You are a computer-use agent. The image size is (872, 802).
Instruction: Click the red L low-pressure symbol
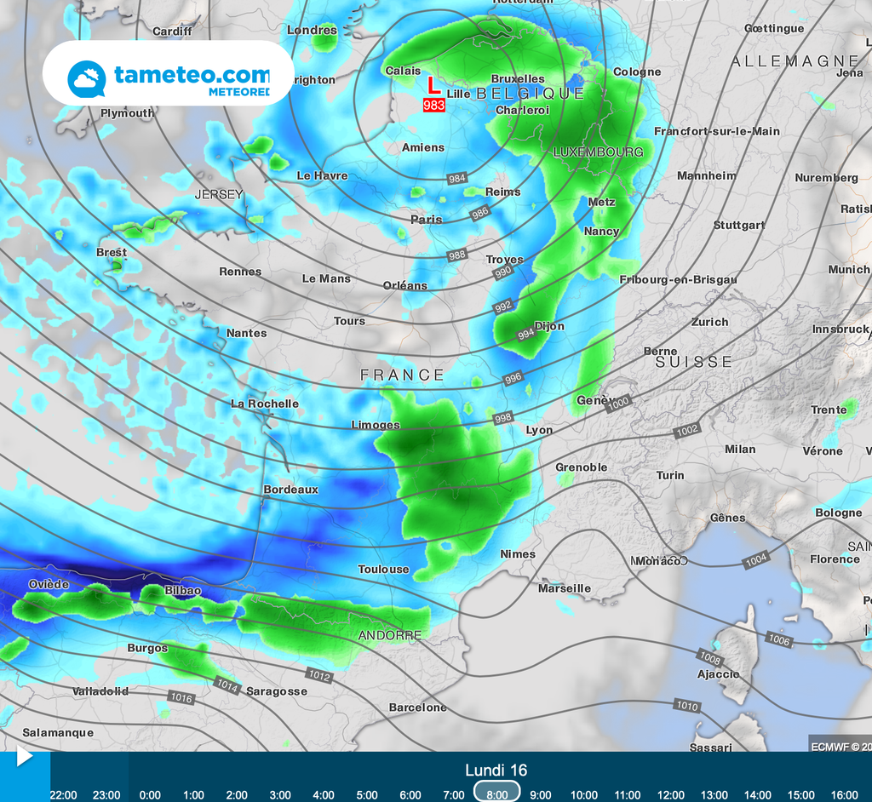pyautogui.click(x=433, y=85)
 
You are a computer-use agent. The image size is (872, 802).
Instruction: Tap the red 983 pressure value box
pyautogui.click(x=434, y=105)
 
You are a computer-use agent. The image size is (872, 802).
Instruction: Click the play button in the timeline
pyautogui.click(x=24, y=756)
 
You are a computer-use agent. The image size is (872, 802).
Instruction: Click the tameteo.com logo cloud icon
pyautogui.click(x=86, y=78)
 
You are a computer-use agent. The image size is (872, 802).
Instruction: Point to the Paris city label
pyautogui.click(x=427, y=219)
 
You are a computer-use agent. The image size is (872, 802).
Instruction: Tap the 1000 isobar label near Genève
pyautogui.click(x=618, y=402)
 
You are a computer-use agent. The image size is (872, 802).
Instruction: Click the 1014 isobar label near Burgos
pyautogui.click(x=227, y=684)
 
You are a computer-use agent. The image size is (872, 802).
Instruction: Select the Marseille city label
pyautogui.click(x=565, y=588)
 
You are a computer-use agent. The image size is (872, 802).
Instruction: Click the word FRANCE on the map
pyautogui.click(x=402, y=375)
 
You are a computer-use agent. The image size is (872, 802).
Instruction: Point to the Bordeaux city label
pyautogui.click(x=290, y=490)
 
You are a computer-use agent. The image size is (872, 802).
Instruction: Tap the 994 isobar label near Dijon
pyautogui.click(x=526, y=335)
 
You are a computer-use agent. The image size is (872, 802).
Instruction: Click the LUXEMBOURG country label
pyautogui.click(x=599, y=152)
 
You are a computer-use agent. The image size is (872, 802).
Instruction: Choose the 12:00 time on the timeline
pyautogui.click(x=671, y=794)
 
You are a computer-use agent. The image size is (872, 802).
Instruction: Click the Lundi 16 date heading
pyautogui.click(x=496, y=770)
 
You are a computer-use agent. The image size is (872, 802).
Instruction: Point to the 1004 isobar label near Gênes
pyautogui.click(x=755, y=561)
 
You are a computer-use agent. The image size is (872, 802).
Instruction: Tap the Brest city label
pyautogui.click(x=112, y=252)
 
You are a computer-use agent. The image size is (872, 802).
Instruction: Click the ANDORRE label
pyautogui.click(x=390, y=635)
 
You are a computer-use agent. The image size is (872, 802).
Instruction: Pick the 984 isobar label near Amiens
pyautogui.click(x=457, y=178)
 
